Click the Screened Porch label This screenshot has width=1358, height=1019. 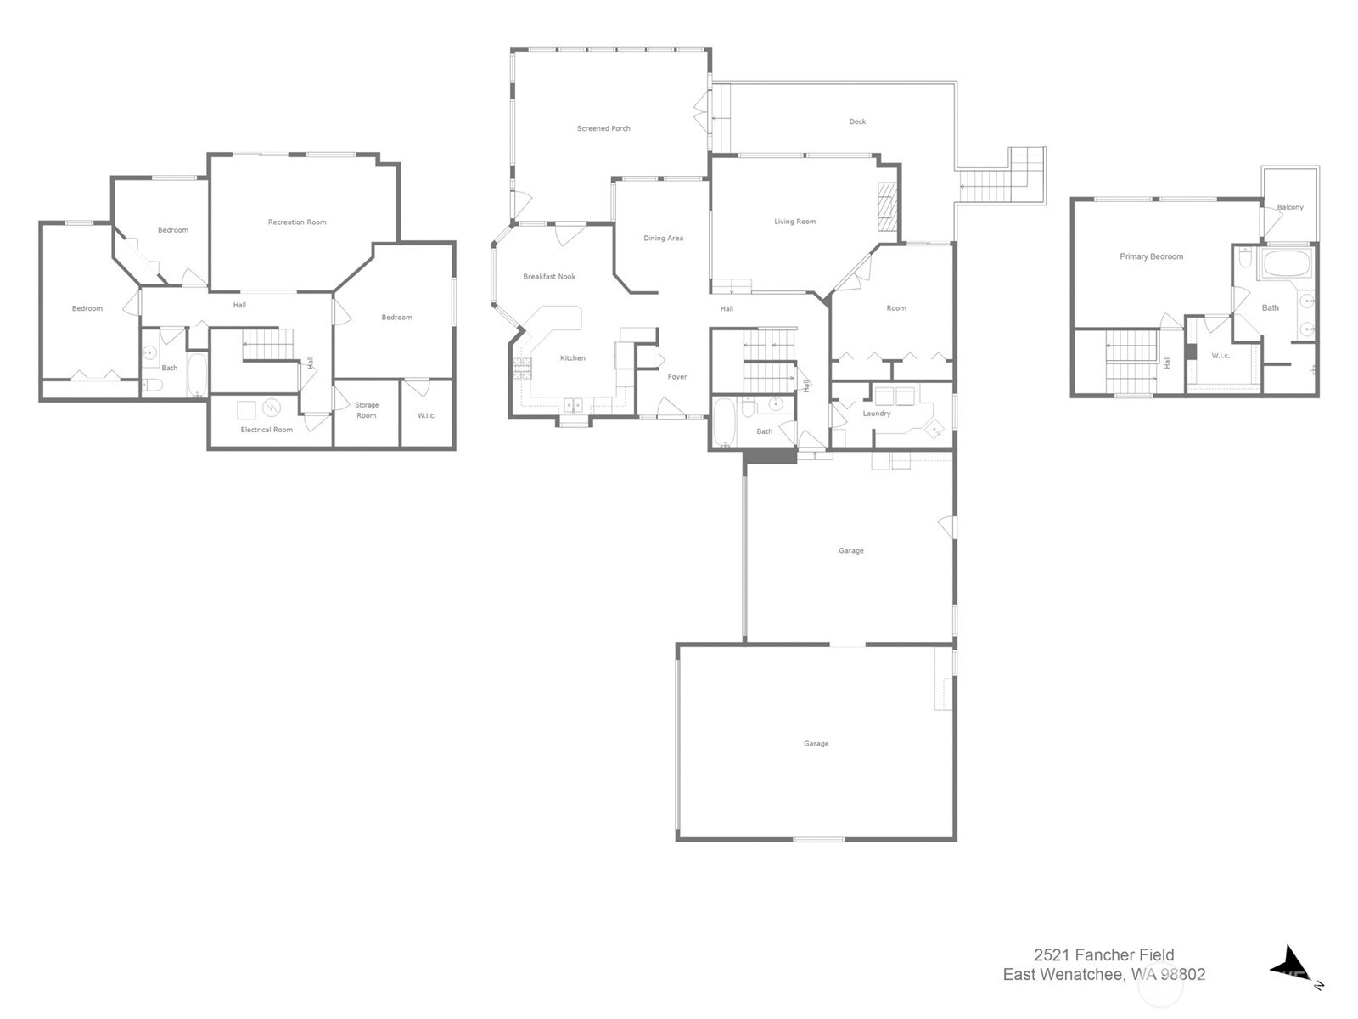pyautogui.click(x=603, y=128)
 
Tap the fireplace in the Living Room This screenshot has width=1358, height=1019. pyautogui.click(x=887, y=206)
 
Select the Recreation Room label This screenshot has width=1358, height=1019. pyautogui.click(x=297, y=222)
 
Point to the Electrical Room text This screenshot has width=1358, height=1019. pyautogui.click(x=267, y=430)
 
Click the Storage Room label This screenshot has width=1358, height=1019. pyautogui.click(x=367, y=410)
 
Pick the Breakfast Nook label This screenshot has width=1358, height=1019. pyautogui.click(x=549, y=277)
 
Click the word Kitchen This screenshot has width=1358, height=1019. pyautogui.click(x=573, y=358)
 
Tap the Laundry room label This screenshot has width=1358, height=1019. pyautogui.click(x=877, y=414)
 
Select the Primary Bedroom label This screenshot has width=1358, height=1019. pyautogui.click(x=1151, y=256)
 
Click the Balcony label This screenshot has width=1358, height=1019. pyautogui.click(x=1290, y=207)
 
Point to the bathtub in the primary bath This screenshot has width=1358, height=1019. pyautogui.click(x=1287, y=263)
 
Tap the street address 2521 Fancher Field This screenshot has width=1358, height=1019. pyautogui.click(x=1103, y=955)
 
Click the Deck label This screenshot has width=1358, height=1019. pyautogui.click(x=858, y=121)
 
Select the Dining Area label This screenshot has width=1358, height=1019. pyautogui.click(x=663, y=239)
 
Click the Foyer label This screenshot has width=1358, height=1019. pyautogui.click(x=677, y=377)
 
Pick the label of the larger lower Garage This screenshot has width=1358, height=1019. pyautogui.click(x=816, y=744)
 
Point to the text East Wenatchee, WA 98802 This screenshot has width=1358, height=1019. pyautogui.click(x=1103, y=975)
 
